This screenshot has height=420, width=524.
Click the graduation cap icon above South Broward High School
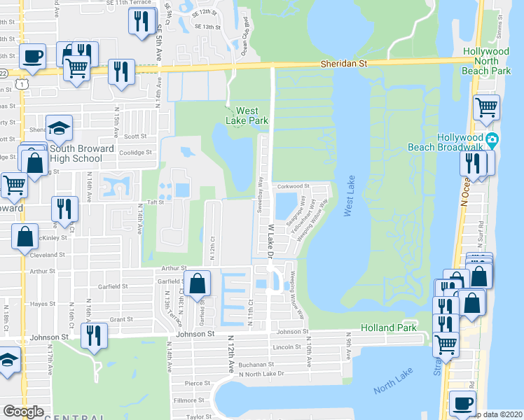point(59,128)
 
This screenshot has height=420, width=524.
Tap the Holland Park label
point(389,328)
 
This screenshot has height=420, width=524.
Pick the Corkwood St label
point(294,186)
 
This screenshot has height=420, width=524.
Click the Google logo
point(23,412)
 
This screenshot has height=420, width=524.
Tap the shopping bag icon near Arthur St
point(198,283)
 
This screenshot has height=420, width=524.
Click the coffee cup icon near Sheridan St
point(32,55)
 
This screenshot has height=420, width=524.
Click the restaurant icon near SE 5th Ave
point(142,21)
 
